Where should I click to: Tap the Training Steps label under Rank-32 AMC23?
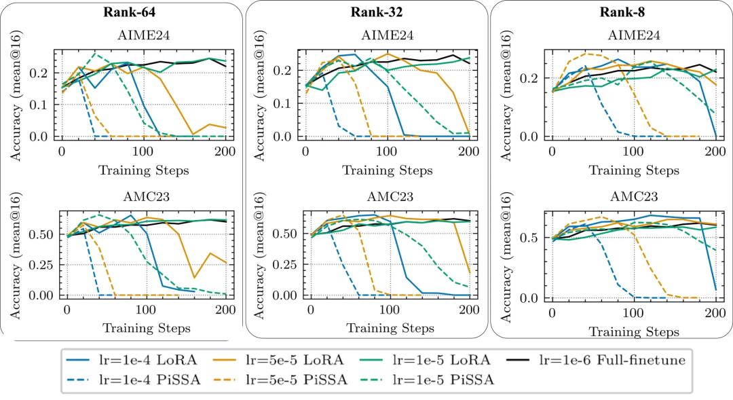coord(391,329)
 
